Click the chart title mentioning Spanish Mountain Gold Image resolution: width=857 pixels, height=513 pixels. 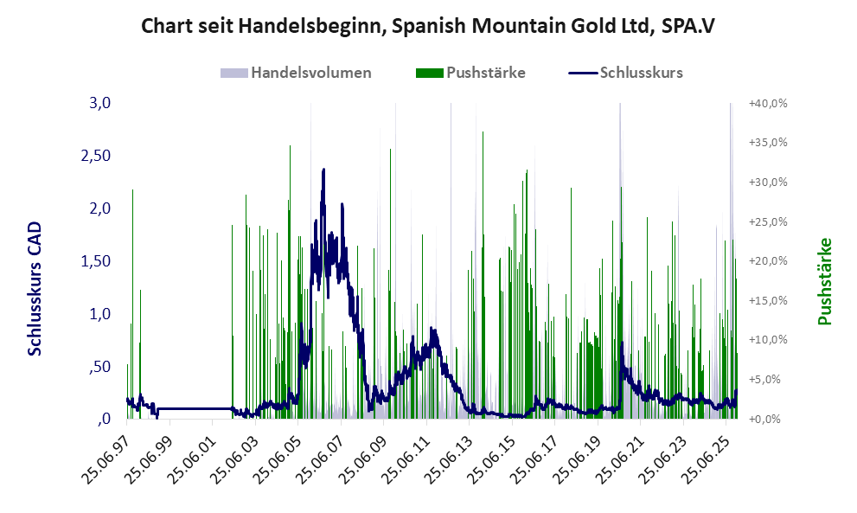coord(428,26)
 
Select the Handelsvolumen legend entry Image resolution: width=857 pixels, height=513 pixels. coord(297,73)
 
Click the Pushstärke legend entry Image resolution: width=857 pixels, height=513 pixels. coord(470,73)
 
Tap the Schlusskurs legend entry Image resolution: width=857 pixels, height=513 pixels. coord(626,73)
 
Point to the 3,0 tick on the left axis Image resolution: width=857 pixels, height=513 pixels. coord(100,104)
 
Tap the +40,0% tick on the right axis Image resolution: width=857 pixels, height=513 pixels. coord(768,104)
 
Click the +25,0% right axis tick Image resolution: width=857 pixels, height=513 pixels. coord(768,222)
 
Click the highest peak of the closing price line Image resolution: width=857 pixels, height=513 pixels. coord(323,170)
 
